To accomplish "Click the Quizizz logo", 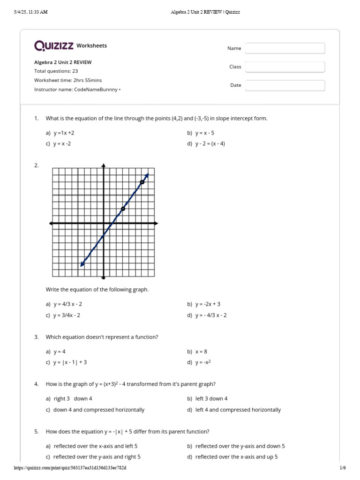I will coord(54,45).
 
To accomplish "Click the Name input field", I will coord(285,48).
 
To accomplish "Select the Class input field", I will coord(285,67).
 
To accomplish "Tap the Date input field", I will coord(285,85).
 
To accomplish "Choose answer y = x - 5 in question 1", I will coord(204,133).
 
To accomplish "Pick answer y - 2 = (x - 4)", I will coord(210,143).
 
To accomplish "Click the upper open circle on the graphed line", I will coord(142,182).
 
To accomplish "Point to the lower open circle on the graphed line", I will coord(123,209).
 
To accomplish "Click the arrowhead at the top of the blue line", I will coord(147,175).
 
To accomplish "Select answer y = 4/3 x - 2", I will coord(67,304).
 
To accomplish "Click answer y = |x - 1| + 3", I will coord(70,362).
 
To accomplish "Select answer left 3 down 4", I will coord(211,398).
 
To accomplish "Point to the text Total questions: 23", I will coord(56,71).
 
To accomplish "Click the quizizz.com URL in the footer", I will coord(70,468).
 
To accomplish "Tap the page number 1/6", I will coord(342,468).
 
